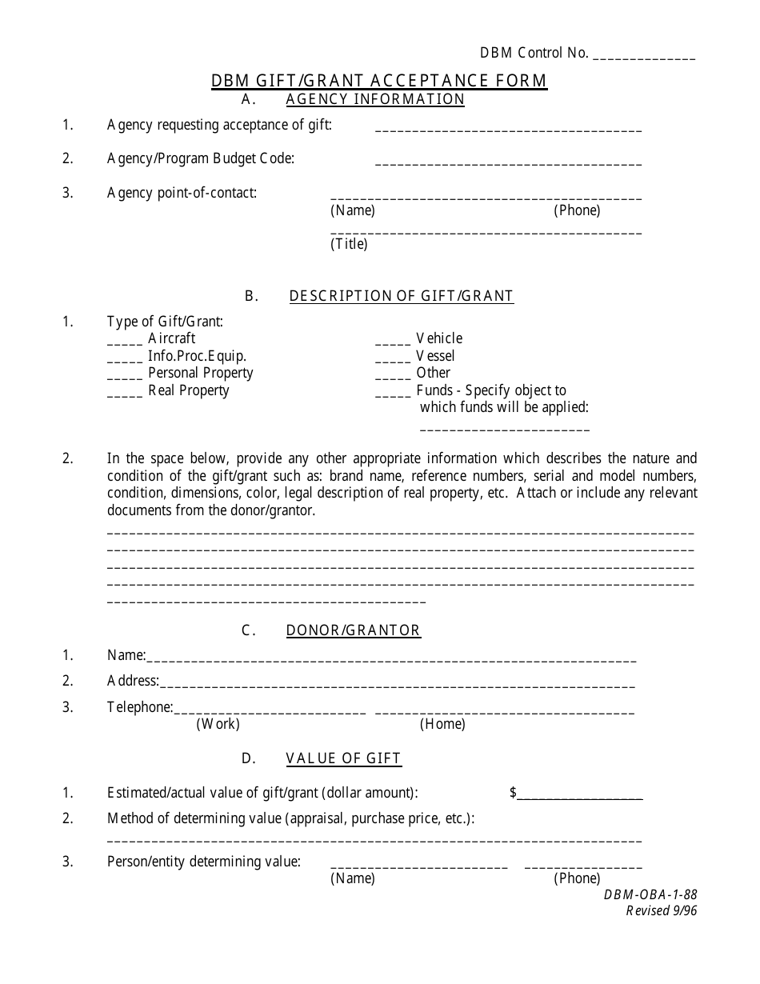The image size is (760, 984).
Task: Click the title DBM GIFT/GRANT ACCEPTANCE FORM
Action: [379, 81]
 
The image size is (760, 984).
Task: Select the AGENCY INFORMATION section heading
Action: [375, 99]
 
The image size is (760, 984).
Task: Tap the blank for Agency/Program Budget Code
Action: [508, 163]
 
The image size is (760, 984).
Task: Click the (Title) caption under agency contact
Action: [349, 245]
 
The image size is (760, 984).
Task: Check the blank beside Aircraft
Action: [124, 342]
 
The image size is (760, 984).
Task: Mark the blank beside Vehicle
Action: [392, 342]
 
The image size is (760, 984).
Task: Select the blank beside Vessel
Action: [392, 360]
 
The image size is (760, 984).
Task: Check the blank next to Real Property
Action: [124, 394]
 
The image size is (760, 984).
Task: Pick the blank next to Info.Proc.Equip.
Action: [124, 360]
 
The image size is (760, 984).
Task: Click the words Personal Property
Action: [201, 373]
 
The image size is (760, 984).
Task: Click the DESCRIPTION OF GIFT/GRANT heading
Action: [401, 296]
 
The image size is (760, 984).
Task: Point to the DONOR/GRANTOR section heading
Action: [353, 630]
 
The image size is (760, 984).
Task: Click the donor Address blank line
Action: [398, 686]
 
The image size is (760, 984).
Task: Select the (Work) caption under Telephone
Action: [218, 724]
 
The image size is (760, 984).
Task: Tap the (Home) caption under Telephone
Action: [442, 724]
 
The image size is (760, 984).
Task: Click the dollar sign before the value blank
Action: [513, 793]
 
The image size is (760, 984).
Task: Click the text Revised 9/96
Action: [661, 911]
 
